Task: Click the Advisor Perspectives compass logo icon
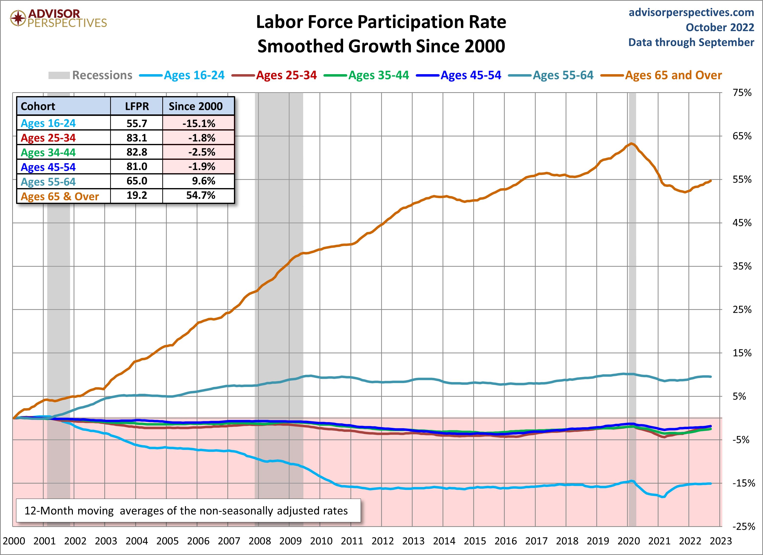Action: pyautogui.click(x=18, y=18)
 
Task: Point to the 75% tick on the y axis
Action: pyautogui.click(x=742, y=93)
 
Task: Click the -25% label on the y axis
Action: pyautogui.click(x=744, y=526)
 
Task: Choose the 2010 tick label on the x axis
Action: pyautogui.click(x=321, y=541)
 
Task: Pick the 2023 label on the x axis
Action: pyautogui.click(x=721, y=541)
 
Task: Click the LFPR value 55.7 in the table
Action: pyautogui.click(x=136, y=123)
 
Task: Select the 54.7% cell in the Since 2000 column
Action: pyautogui.click(x=201, y=195)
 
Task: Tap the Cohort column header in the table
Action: pyautogui.click(x=38, y=106)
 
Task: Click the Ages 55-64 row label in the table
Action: pyautogui.click(x=48, y=182)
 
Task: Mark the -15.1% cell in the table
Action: pyautogui.click(x=199, y=123)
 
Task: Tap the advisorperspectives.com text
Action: pyautogui.click(x=691, y=12)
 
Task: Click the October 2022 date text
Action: pyautogui.click(x=720, y=27)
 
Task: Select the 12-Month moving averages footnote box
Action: pyautogui.click(x=188, y=511)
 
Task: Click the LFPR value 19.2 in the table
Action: pyautogui.click(x=136, y=195)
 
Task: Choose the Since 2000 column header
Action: pyautogui.click(x=195, y=106)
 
